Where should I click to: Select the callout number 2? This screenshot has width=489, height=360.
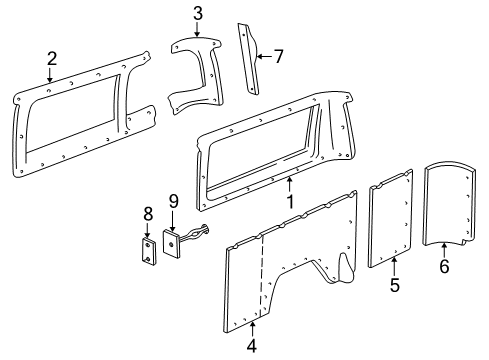[x=51, y=60]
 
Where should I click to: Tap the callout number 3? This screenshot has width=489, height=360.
[x=198, y=13]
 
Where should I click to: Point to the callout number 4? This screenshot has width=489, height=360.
[x=253, y=347]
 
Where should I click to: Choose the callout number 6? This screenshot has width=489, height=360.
[x=445, y=295]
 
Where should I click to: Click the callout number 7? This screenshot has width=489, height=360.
[x=279, y=56]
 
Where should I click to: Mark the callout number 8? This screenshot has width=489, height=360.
[x=147, y=213]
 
